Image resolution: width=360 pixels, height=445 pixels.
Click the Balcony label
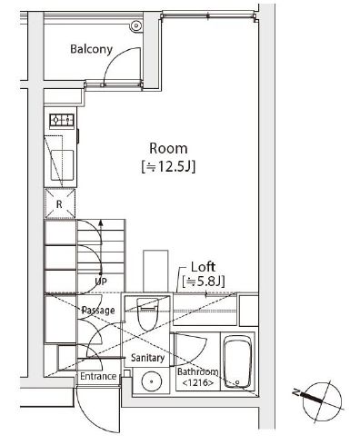click(x=91, y=49)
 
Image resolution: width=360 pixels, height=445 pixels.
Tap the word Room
click(x=168, y=147)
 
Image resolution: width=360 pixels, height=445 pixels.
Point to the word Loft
click(x=203, y=267)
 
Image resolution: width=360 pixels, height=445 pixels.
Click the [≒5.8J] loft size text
click(x=203, y=282)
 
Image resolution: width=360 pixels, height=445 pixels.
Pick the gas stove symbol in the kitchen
click(x=61, y=120)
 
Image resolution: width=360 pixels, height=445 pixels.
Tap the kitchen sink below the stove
click(x=61, y=163)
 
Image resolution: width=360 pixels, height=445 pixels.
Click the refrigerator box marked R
click(x=59, y=204)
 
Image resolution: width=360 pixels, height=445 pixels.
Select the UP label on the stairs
click(x=101, y=282)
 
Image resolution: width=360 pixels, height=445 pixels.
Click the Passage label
click(x=97, y=311)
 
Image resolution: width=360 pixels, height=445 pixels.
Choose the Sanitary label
click(x=146, y=358)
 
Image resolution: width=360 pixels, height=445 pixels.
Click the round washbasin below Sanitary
click(x=150, y=382)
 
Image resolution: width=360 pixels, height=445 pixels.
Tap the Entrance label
click(x=97, y=376)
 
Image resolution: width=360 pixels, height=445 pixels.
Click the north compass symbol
click(x=317, y=396)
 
